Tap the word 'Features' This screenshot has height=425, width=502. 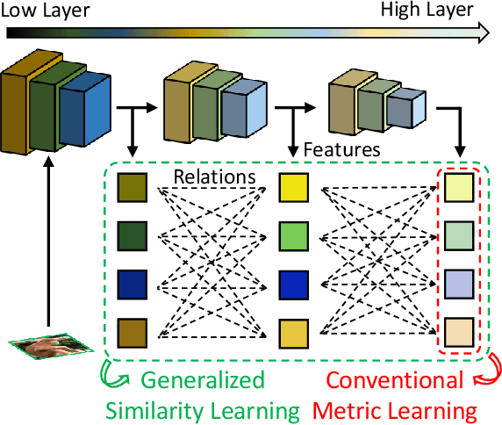(x=341, y=149)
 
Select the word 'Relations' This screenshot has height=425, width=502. (x=214, y=177)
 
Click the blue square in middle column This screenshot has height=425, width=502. (x=292, y=285)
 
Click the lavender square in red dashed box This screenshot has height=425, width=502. (x=458, y=285)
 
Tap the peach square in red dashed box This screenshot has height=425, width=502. (x=458, y=334)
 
